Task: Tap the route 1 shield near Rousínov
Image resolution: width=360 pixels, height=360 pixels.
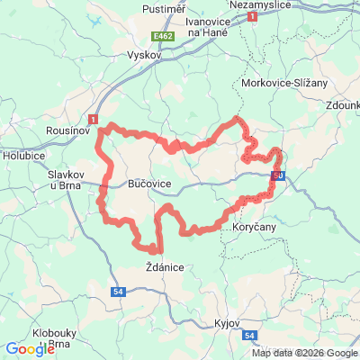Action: coord(94,118)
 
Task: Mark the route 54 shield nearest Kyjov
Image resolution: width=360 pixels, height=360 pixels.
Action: coord(250,336)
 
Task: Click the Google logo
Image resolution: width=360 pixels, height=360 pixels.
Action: coord(30,349)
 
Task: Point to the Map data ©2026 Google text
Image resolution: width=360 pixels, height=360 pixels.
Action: coord(304,353)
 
